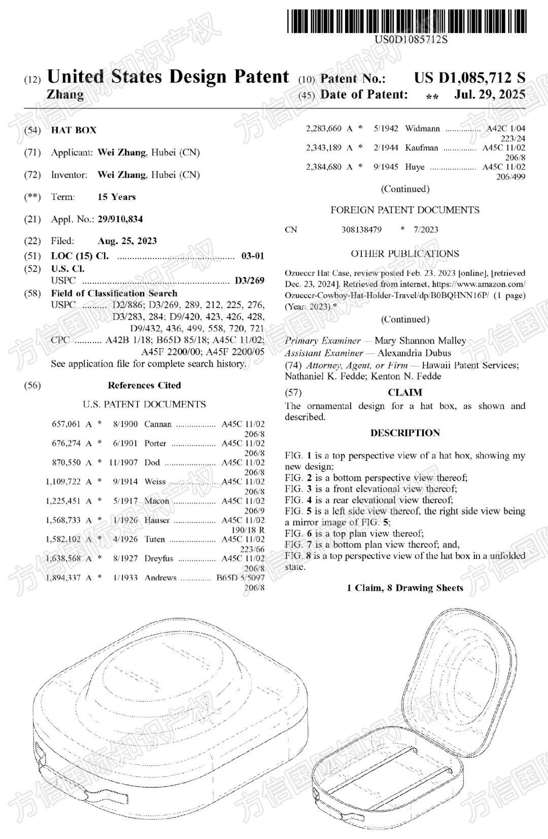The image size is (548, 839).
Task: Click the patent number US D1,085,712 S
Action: (x=469, y=78)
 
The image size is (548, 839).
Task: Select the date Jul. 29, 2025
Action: (x=490, y=94)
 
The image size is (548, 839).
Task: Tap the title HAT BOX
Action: (x=74, y=130)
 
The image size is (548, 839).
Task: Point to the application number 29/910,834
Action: (x=120, y=219)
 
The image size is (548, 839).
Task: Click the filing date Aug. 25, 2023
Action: (x=127, y=241)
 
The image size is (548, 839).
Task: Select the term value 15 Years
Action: (x=117, y=197)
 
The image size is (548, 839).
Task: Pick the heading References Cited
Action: (x=144, y=385)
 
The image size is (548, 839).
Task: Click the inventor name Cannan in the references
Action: (x=158, y=424)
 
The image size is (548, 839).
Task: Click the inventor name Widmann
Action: (x=422, y=128)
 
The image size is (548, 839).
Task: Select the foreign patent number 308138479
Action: (x=361, y=229)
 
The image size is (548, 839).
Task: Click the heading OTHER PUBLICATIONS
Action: (x=405, y=254)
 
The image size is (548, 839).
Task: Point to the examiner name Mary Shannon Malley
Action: (x=420, y=341)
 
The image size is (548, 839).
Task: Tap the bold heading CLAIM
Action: (x=405, y=392)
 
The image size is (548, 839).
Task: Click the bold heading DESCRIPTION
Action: (x=405, y=433)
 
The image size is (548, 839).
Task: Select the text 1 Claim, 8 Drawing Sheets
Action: (x=405, y=588)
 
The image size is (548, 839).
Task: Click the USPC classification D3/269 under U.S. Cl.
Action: (x=249, y=280)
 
